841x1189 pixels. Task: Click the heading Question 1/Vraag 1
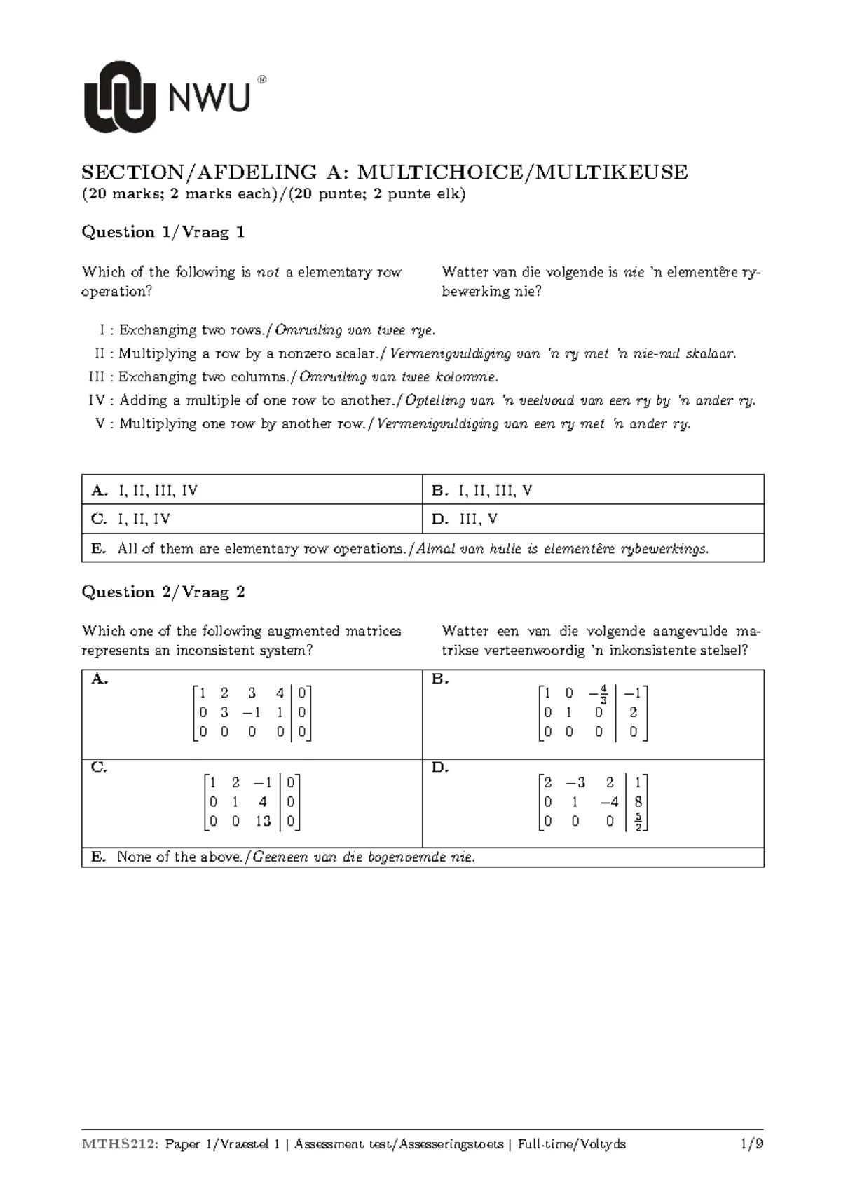click(163, 232)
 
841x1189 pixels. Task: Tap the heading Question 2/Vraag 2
click(163, 592)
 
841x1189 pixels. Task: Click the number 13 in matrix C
click(263, 821)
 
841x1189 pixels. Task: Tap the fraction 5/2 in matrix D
click(638, 821)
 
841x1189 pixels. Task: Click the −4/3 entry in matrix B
click(598, 695)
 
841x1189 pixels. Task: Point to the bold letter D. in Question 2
click(440, 768)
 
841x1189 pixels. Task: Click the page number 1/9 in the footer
click(751, 1144)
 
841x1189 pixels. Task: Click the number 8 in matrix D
click(638, 802)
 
